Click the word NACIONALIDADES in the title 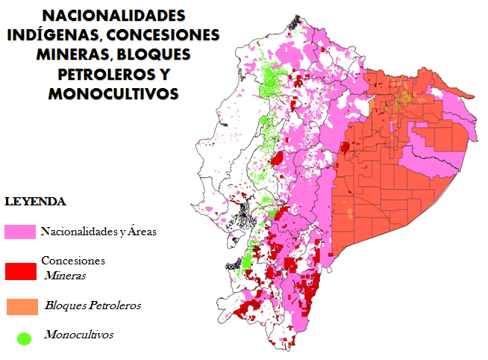[114, 16]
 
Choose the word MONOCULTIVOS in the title [113, 93]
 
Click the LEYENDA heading [36, 202]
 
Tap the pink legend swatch [21, 232]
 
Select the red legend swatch [21, 270]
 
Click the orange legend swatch [21, 305]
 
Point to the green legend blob [25, 338]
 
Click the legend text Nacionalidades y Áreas [98, 232]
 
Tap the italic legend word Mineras [65, 275]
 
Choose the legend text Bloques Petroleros [93, 305]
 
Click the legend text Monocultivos [78, 334]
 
